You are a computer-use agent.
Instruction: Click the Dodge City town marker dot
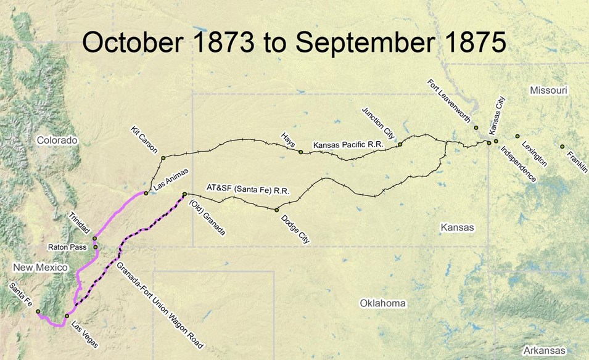coord(277,210)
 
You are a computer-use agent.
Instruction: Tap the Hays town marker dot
coord(300,152)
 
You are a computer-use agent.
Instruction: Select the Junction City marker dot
coord(400,144)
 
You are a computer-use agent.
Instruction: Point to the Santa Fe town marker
coord(38,311)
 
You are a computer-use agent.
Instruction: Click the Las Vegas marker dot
coord(67,316)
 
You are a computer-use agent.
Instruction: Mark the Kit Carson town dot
coord(163,158)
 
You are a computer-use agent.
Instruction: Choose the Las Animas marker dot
coord(146,194)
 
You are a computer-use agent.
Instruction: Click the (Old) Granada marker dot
coord(184,195)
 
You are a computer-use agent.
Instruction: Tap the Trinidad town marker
coord(94,239)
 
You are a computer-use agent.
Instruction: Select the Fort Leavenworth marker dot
coord(476,128)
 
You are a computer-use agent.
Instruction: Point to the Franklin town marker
coord(562,147)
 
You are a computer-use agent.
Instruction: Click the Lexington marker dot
coord(517,136)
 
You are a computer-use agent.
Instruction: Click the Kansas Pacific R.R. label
coord(348,145)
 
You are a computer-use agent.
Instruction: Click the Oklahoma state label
coord(383,303)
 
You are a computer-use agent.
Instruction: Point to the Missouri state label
coord(548,91)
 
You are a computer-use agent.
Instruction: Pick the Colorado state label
coord(57,140)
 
